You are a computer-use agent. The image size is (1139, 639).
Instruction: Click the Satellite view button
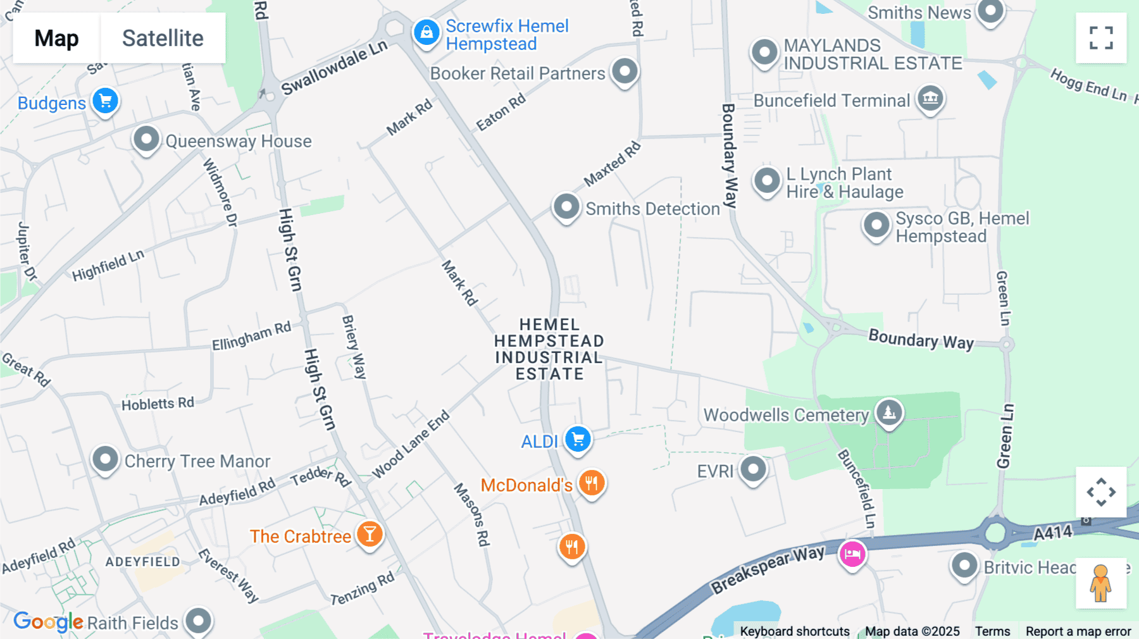coord(163,38)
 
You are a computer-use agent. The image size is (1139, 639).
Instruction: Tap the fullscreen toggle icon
coord(1101,38)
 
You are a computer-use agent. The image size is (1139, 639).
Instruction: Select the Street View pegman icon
coord(1100,583)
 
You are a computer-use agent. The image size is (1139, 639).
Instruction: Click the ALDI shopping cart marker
coord(578,438)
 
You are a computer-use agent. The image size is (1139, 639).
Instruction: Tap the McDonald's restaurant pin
coord(592,483)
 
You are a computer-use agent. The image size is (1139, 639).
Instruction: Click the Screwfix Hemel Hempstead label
coord(506,35)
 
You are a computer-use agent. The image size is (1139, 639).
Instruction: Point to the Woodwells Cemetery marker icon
coord(889,412)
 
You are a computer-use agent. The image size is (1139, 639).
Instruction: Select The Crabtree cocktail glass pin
coord(370,535)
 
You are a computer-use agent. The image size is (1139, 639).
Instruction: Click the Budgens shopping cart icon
coord(106,101)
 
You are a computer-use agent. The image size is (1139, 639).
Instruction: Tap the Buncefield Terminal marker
coord(930,98)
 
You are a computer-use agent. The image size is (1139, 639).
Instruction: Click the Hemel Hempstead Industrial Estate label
coord(549,349)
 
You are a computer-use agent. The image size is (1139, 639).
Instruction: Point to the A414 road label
coord(1052,533)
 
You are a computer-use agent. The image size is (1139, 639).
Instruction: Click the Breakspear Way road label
coord(768,569)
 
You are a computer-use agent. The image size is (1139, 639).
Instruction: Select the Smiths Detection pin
coord(566,206)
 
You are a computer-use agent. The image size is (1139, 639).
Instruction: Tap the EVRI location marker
coord(753,469)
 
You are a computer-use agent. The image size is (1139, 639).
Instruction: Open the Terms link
coord(992,631)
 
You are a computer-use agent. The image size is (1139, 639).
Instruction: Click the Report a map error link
coord(1078,631)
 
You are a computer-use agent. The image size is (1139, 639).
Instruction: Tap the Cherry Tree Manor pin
coord(105,459)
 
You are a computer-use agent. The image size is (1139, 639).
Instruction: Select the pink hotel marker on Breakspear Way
coord(852,554)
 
